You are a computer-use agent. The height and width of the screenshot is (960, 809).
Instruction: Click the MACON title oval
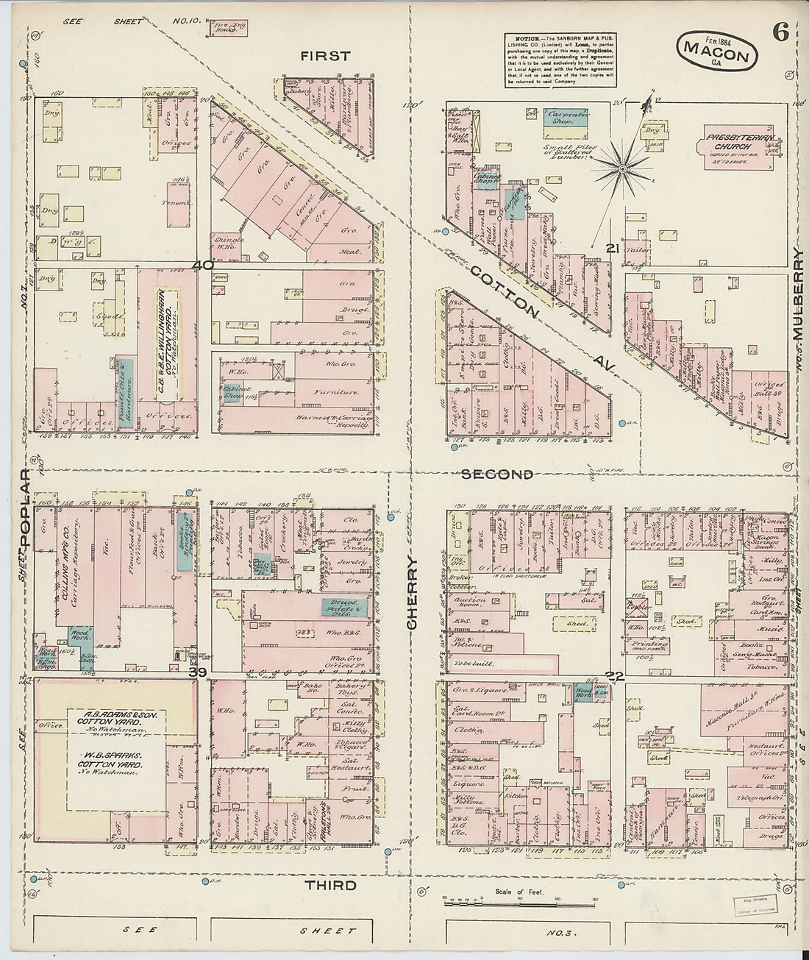coord(716,51)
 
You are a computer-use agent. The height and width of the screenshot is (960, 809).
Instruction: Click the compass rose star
coord(622,170)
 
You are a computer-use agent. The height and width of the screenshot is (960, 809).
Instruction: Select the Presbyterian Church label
coord(730,142)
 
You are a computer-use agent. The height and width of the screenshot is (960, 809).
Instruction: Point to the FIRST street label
coord(325,56)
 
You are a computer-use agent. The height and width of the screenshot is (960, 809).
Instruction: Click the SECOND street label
coord(497,474)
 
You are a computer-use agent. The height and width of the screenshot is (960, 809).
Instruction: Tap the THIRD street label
coord(331,885)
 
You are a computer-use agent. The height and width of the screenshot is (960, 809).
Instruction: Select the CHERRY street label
coord(412,593)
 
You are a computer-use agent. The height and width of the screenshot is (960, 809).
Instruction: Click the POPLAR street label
coord(26,508)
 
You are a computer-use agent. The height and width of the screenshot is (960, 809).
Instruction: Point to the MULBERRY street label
coord(799,294)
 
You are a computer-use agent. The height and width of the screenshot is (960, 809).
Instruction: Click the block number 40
coord(203,265)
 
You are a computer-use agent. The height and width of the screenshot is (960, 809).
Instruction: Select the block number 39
coord(196,672)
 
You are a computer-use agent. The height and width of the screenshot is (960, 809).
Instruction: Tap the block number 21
coord(612,249)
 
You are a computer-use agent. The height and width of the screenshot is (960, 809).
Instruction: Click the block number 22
coord(615,676)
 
